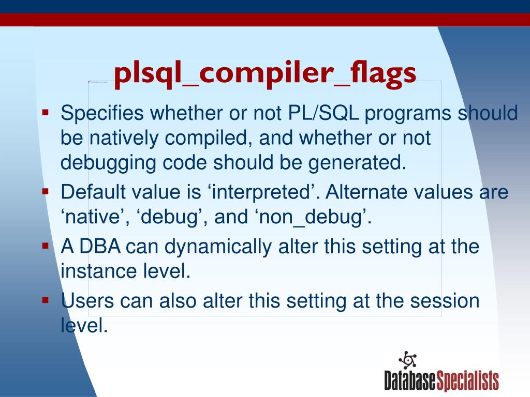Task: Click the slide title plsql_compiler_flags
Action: coord(264,73)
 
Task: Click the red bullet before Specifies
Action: coord(46,111)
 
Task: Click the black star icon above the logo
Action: coord(407,360)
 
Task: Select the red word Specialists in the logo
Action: coord(468,381)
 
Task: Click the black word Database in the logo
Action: coord(410,381)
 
